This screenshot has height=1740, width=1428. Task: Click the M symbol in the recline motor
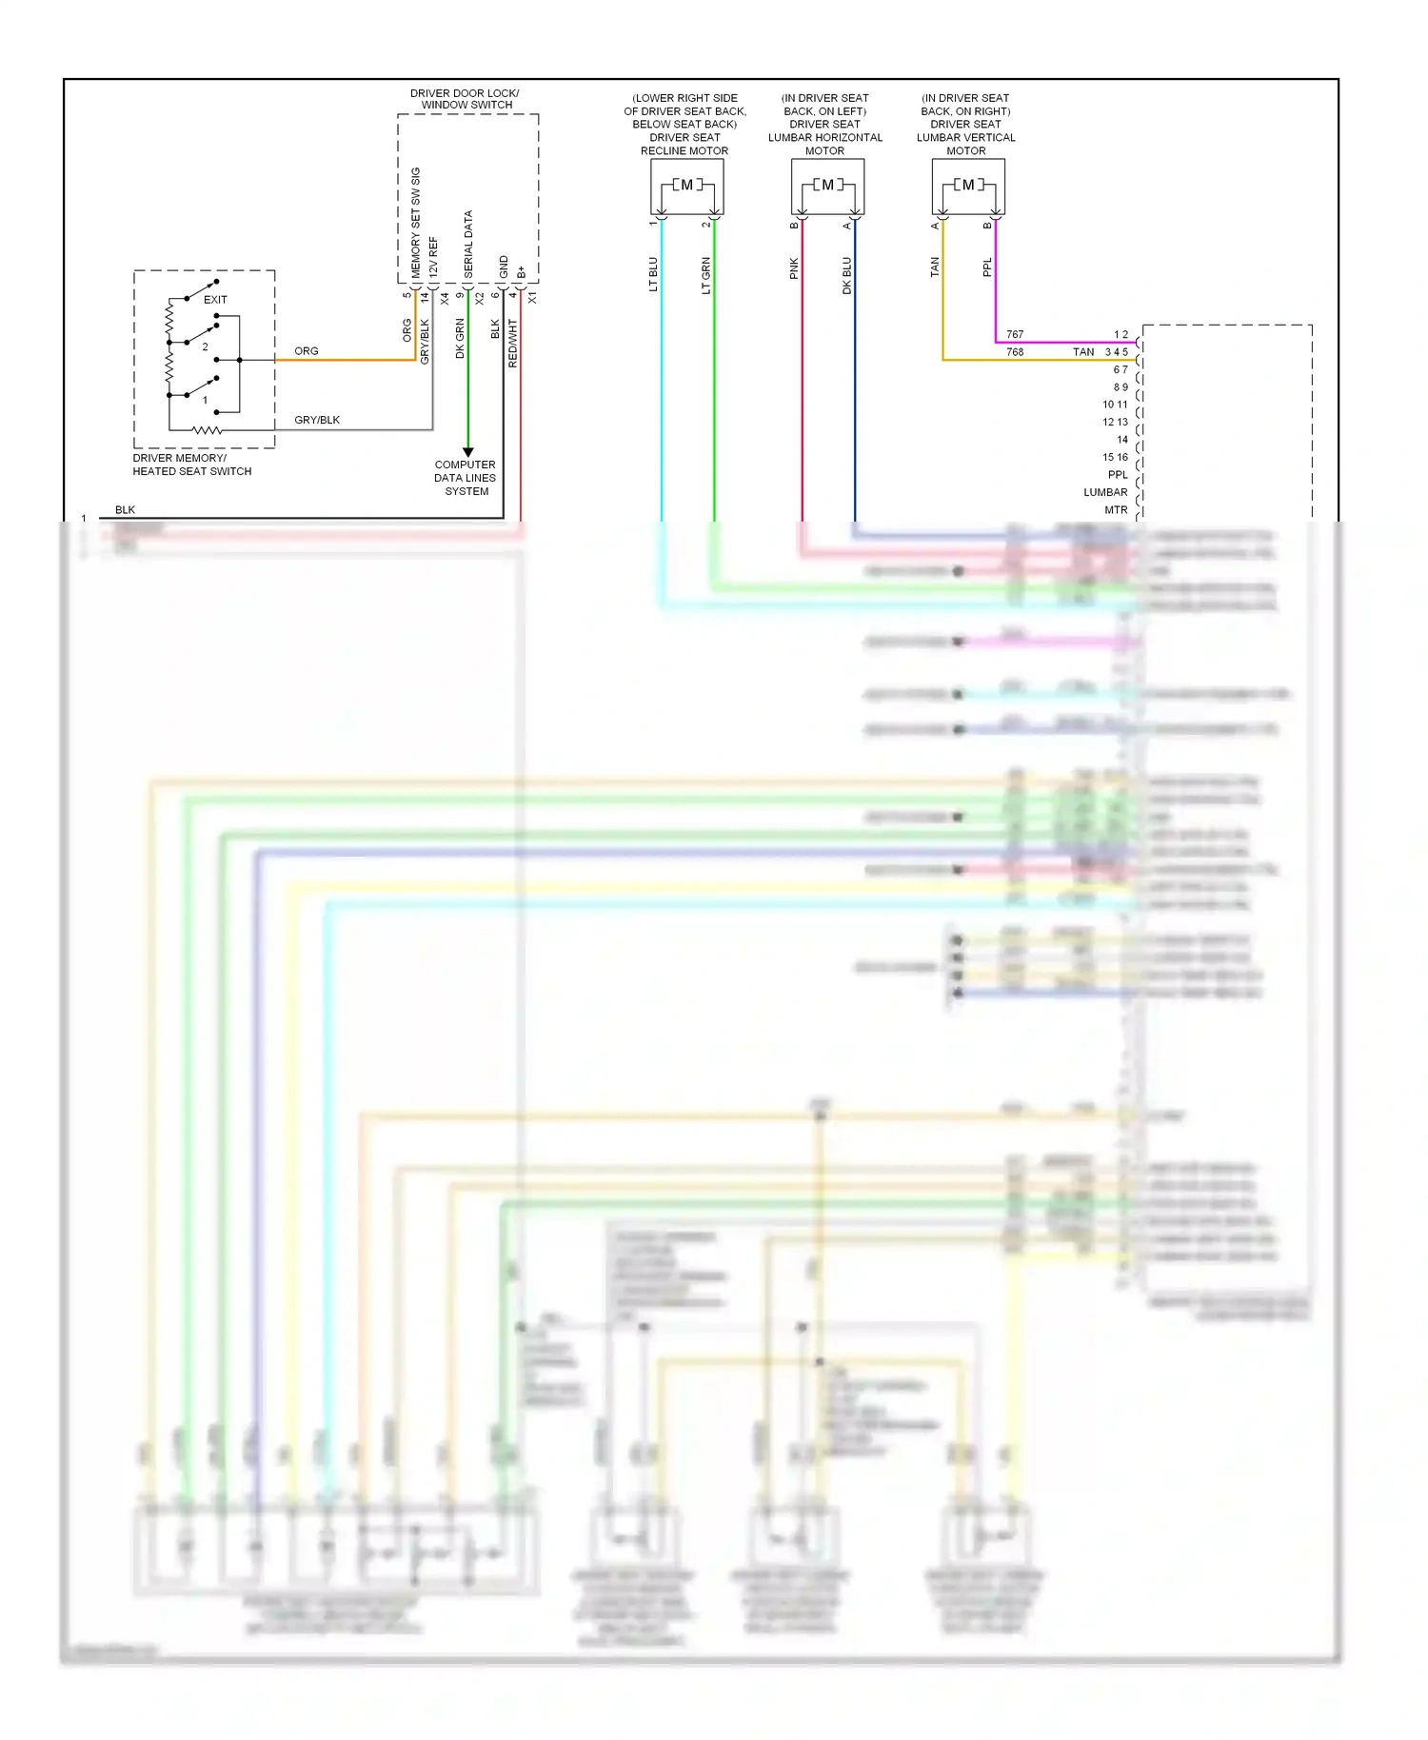(x=686, y=185)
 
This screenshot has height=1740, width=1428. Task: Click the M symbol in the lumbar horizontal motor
(x=827, y=185)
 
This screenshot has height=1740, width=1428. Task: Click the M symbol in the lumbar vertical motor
(x=968, y=185)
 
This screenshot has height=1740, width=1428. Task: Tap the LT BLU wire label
(x=653, y=274)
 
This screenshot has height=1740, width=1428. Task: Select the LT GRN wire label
(x=706, y=275)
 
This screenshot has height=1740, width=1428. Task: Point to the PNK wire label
(x=794, y=269)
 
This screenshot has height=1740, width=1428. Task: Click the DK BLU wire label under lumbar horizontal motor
(x=846, y=275)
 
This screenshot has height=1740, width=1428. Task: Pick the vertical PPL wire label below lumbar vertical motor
(x=987, y=267)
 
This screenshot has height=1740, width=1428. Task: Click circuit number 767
(x=1015, y=334)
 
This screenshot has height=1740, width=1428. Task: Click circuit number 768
(x=1015, y=351)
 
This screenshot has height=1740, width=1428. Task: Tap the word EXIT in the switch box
(x=215, y=299)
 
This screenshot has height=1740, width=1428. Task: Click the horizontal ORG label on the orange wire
(x=307, y=350)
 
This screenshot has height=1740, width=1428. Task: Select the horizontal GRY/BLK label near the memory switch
(x=317, y=420)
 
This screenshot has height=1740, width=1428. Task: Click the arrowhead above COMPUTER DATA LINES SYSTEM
(x=467, y=452)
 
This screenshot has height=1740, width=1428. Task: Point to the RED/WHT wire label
(x=512, y=343)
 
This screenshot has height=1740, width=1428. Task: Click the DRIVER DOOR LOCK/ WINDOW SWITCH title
(x=466, y=99)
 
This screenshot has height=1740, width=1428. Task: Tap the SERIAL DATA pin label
(x=468, y=244)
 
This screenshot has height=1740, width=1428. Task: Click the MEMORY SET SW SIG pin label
(x=415, y=223)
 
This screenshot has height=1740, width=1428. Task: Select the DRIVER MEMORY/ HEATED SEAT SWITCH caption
(x=191, y=465)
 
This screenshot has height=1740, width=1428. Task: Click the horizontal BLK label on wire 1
(x=125, y=509)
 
